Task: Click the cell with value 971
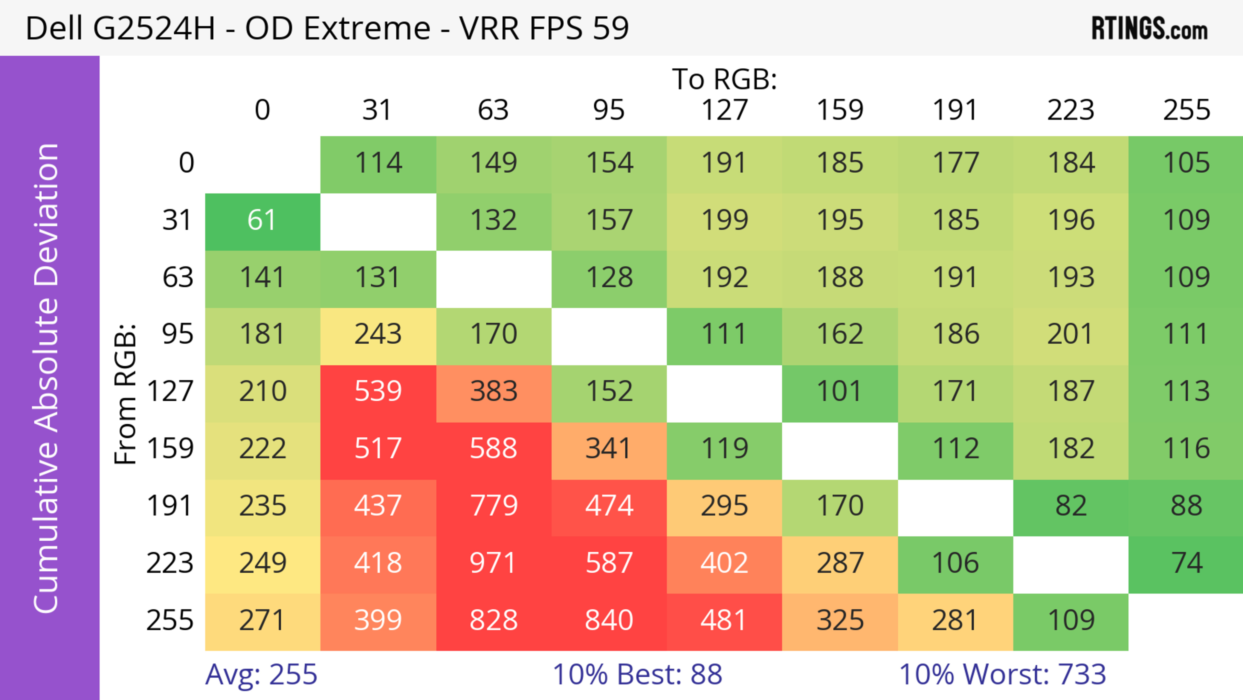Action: click(x=493, y=563)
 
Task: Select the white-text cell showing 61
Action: click(x=262, y=221)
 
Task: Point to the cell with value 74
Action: click(x=1186, y=563)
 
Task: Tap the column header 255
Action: click(x=1186, y=110)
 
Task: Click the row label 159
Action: click(x=170, y=449)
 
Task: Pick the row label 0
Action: click(x=186, y=163)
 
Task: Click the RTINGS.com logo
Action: click(x=1149, y=29)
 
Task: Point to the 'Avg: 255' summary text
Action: click(x=261, y=674)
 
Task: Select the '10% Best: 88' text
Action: click(x=637, y=674)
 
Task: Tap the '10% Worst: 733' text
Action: click(x=1002, y=674)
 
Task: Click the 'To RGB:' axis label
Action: click(x=724, y=80)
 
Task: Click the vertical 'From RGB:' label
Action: click(x=126, y=395)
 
